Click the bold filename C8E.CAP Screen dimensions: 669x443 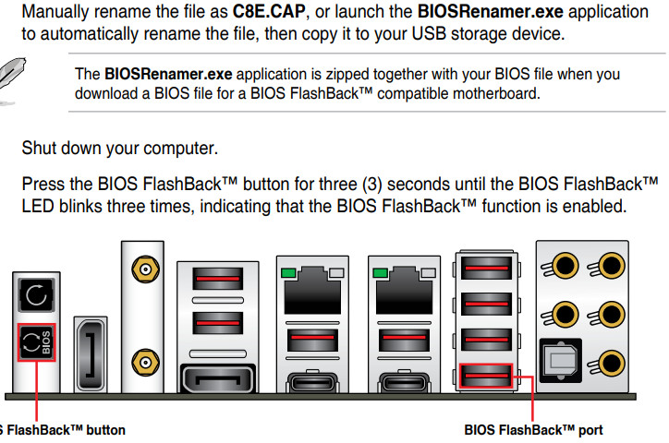269,11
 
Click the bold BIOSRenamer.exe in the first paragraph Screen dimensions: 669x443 491,11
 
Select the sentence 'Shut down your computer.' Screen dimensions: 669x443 120,149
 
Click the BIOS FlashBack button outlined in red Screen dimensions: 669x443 37,342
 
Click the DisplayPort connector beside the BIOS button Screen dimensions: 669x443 91,354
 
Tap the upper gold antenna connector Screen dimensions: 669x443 145,269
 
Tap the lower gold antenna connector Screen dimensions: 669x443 145,363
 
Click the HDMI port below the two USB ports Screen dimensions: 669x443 218,377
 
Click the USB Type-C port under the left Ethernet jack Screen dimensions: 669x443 312,381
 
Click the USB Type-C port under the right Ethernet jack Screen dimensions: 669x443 404,381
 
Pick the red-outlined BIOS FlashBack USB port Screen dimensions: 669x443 486,376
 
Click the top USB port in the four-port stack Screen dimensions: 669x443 486,268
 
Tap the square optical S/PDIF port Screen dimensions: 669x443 561,360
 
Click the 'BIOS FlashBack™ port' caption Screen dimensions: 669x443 533,430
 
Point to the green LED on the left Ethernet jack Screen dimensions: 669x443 289,272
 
